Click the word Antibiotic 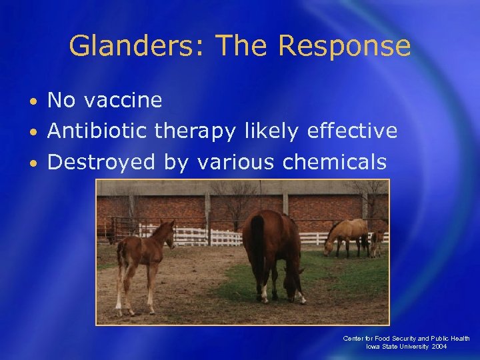click(x=98, y=131)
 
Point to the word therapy click(x=195, y=131)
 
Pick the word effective click(x=352, y=131)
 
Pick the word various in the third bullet click(x=236, y=161)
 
